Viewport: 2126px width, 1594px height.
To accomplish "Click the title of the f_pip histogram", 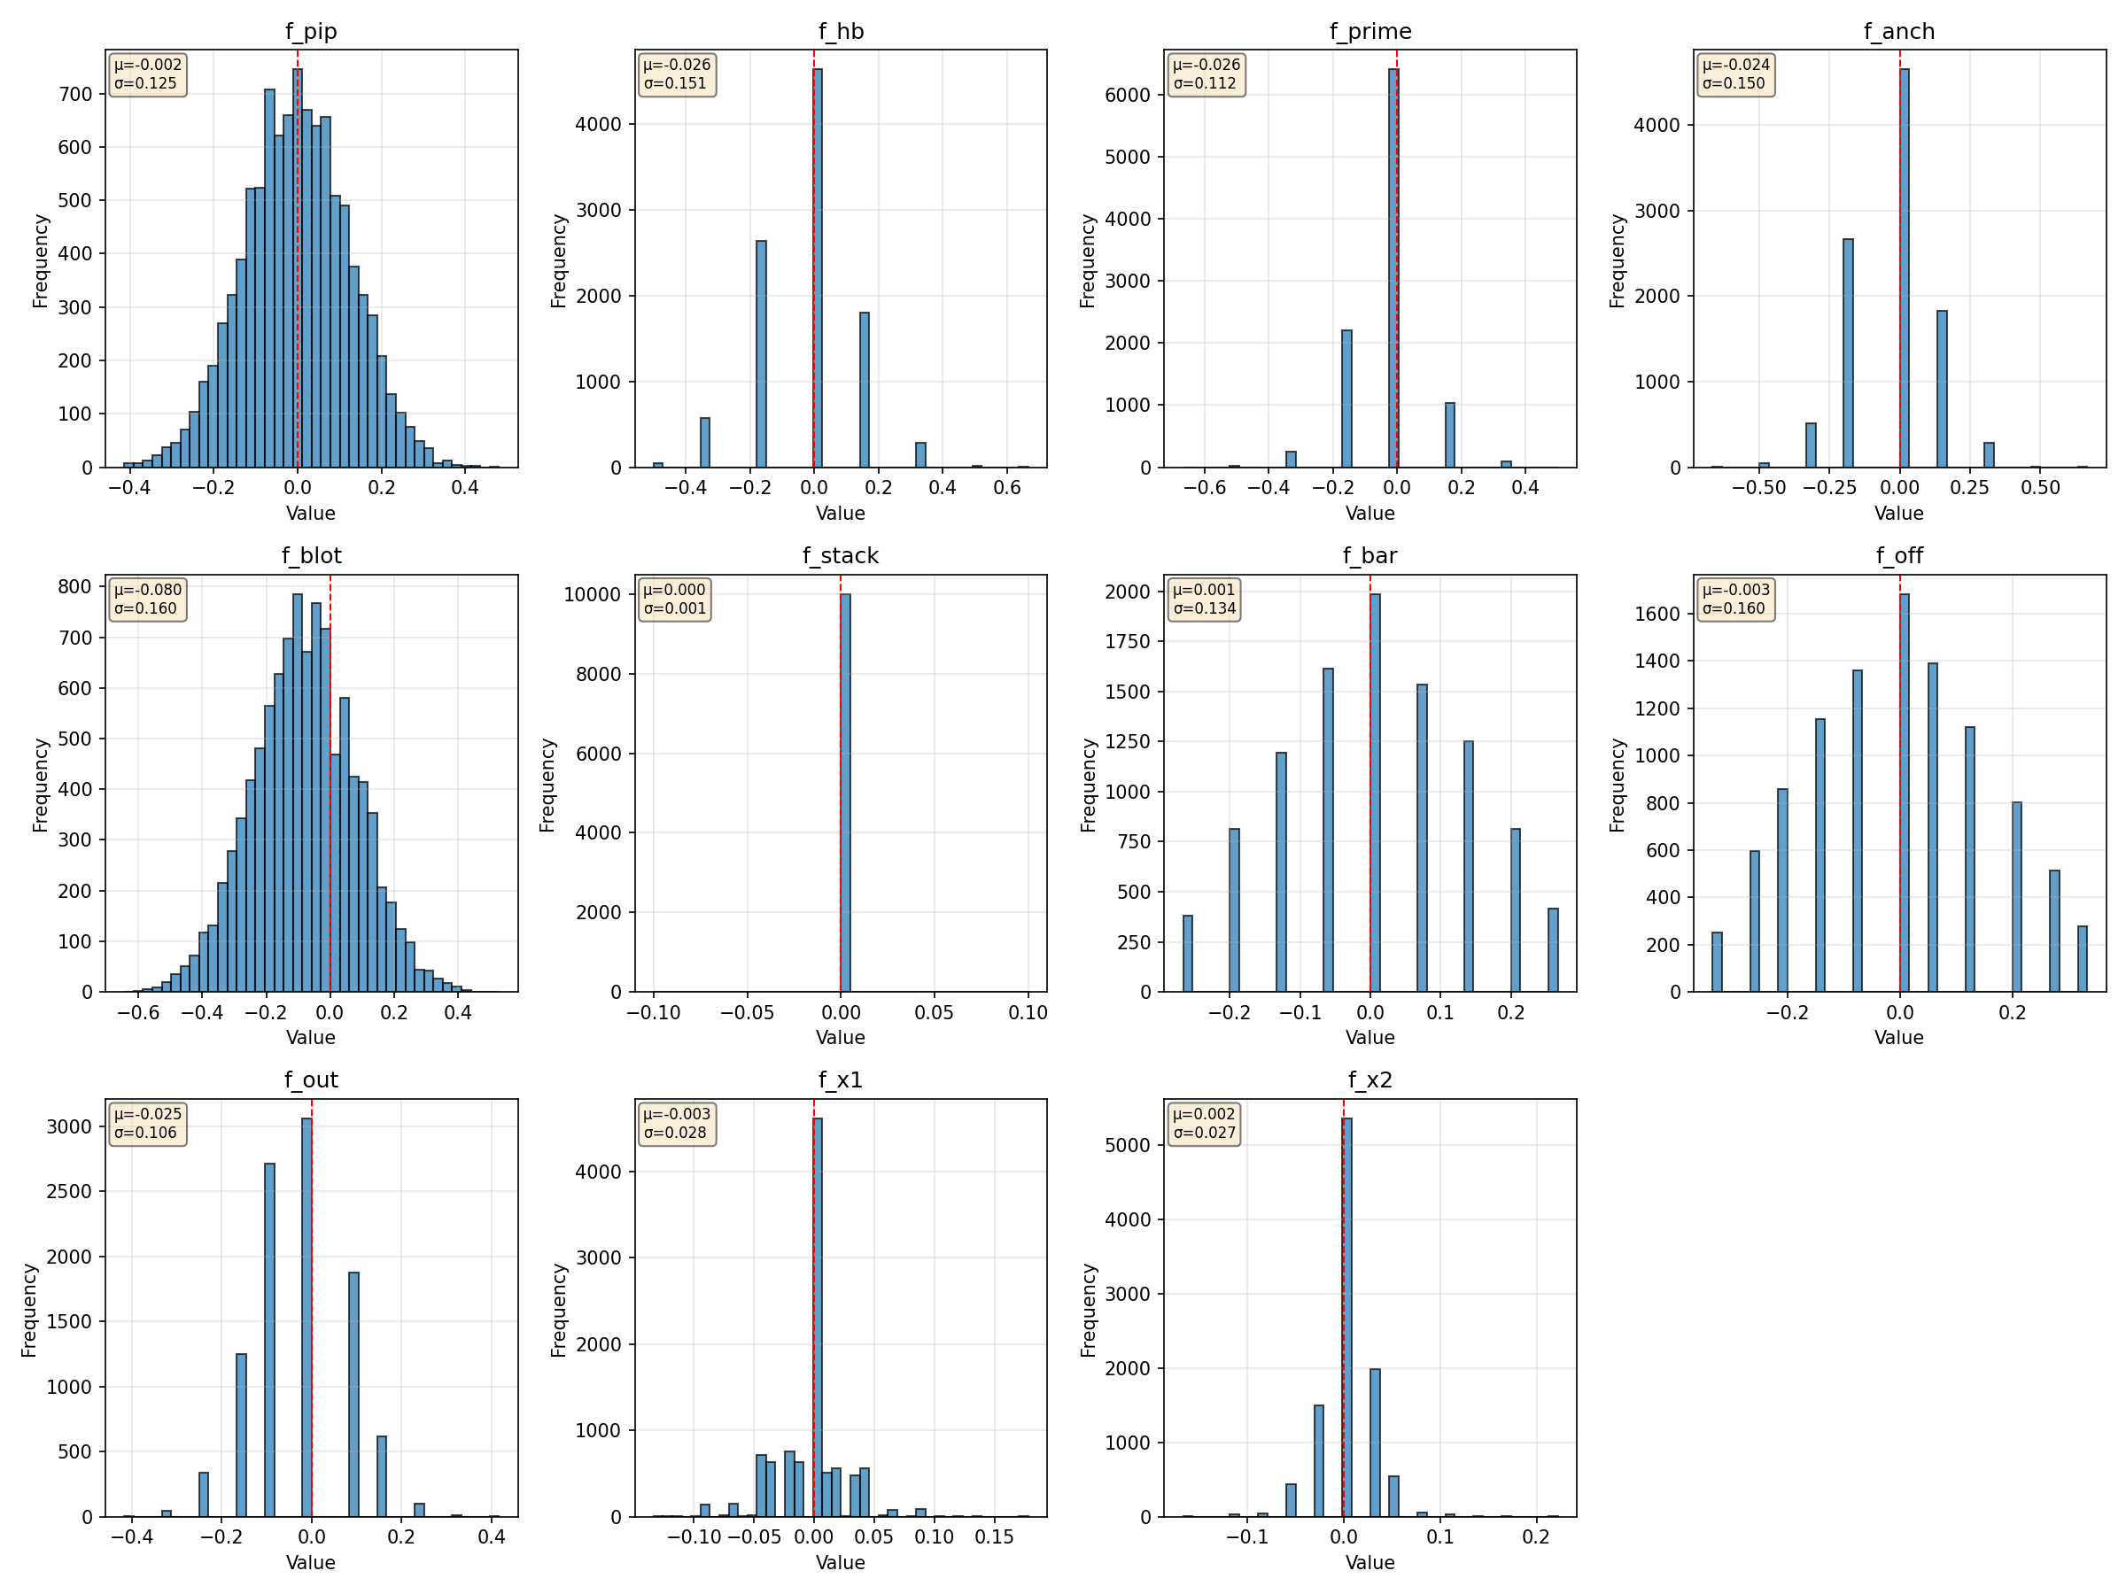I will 310,32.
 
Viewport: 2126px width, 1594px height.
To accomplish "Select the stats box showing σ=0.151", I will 676,74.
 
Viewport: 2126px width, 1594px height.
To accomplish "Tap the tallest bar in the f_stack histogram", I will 845,792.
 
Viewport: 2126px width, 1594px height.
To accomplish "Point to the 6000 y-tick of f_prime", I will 1128,95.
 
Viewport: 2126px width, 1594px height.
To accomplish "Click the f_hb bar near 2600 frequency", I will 761,353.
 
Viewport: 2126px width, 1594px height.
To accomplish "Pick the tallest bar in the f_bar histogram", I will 1376,792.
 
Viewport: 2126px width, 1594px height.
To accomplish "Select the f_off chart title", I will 1899,556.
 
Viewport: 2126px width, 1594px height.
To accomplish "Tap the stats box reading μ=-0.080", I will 147,599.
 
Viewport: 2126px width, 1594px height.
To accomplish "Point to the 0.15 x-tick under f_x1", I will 994,1537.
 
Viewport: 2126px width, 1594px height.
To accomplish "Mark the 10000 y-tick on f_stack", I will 592,595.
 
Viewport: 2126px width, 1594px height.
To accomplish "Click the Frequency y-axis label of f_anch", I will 1618,260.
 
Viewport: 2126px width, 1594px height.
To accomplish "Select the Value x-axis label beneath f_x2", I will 1369,1562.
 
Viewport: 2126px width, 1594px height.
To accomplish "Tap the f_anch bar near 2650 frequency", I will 1847,352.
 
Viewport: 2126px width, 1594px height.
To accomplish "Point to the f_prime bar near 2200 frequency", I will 1346,398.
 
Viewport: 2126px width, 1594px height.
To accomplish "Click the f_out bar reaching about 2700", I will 269,1341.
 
